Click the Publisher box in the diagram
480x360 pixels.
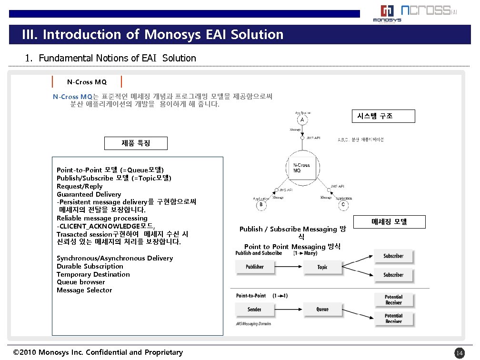[254, 267]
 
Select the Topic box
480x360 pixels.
[322, 267]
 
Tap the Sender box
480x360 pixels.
[254, 310]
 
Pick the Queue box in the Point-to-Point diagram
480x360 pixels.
[322, 310]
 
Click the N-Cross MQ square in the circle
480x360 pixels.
[301, 168]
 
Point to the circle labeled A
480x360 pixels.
[302, 120]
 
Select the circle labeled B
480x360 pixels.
[261, 205]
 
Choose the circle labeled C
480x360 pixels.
[343, 205]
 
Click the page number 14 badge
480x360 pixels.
[459, 353]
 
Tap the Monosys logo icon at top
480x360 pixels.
[387, 12]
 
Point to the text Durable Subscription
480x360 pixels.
[90, 266]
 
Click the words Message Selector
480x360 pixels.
[84, 290]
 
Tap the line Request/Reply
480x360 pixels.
[80, 186]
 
